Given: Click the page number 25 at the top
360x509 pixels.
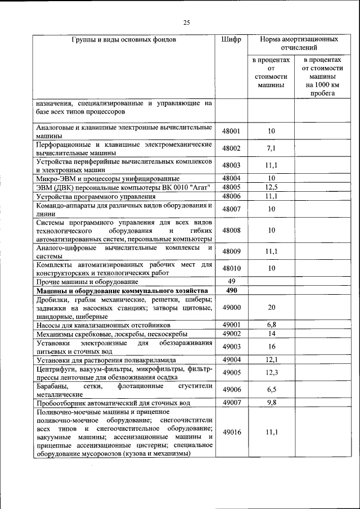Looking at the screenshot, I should click(x=187, y=22).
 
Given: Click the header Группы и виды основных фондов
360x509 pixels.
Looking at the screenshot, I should click(x=124, y=40).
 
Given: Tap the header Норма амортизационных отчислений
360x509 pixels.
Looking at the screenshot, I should click(x=299, y=44).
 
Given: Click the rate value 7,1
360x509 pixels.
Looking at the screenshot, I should click(x=271, y=148).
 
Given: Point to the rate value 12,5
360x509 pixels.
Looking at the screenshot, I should click(x=271, y=187).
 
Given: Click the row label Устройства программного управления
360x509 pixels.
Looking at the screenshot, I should click(x=96, y=196).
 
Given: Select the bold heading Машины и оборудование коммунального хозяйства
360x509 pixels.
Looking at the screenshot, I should click(x=122, y=291).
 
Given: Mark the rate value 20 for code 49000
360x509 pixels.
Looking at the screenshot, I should click(x=271, y=308).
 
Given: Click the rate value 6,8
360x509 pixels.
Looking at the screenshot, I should click(x=271, y=325).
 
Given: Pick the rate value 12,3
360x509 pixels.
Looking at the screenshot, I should click(x=271, y=372).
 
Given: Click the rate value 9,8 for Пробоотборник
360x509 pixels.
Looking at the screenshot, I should click(x=271, y=403).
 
